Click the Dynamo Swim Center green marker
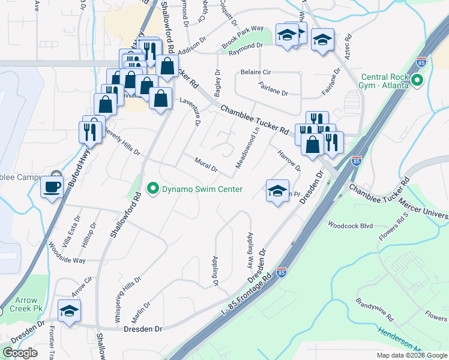click(153, 189)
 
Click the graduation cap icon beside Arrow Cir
click(69, 311)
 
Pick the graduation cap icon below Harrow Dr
click(277, 191)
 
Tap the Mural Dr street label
click(206, 163)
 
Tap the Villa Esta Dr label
click(76, 227)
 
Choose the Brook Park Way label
click(243, 37)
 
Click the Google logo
click(20, 353)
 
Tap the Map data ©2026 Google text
click(411, 355)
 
